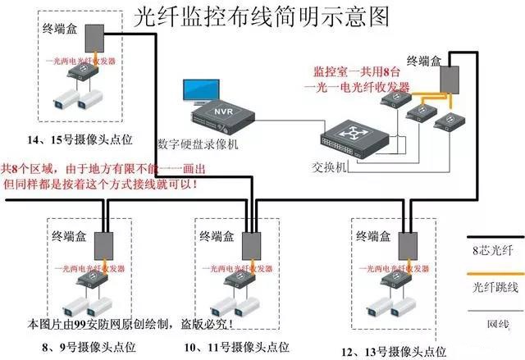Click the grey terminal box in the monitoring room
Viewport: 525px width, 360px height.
coord(450,79)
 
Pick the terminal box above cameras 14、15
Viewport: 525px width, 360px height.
coord(95,38)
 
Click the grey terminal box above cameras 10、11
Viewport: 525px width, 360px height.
coord(250,244)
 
